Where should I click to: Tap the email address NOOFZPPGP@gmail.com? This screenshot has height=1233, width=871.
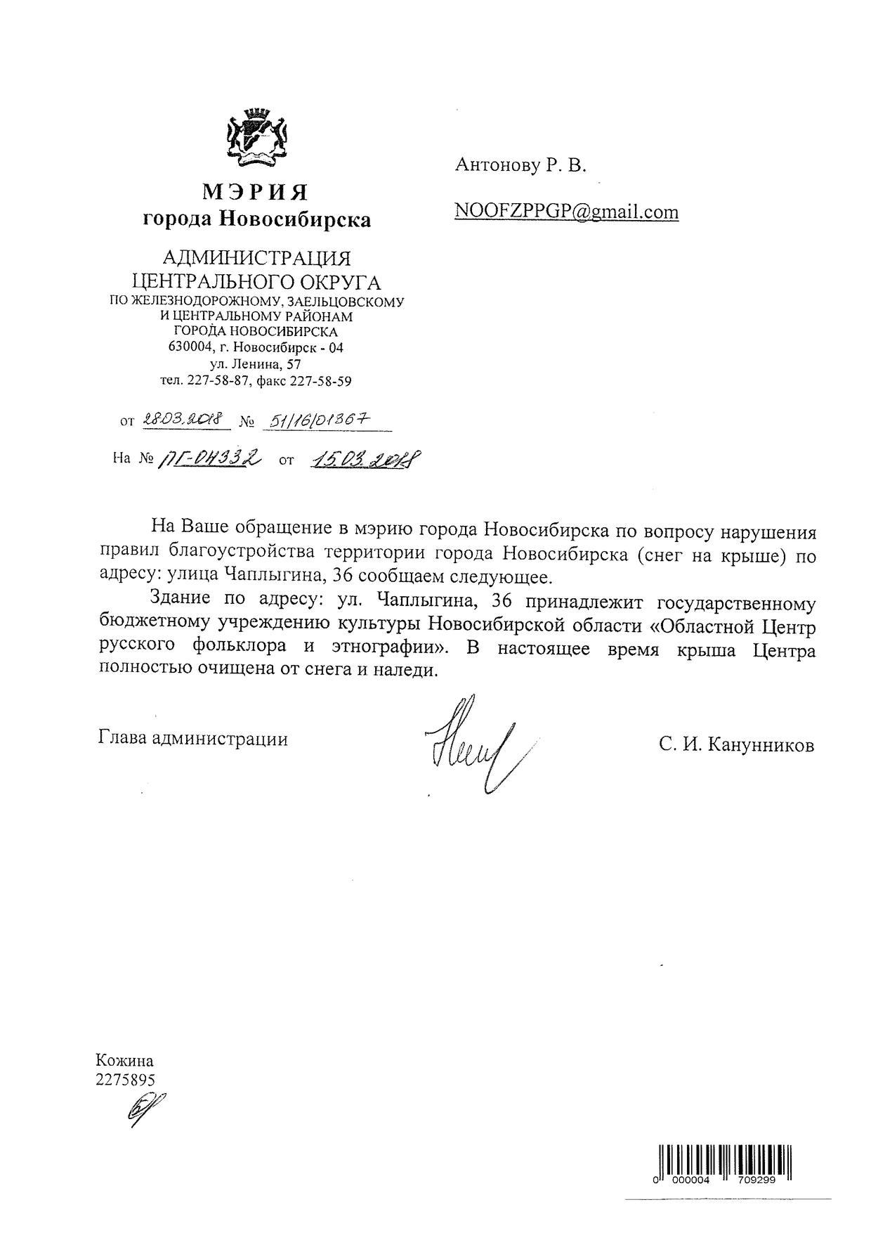coord(566,212)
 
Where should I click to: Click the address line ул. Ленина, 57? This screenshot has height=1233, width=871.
coord(256,364)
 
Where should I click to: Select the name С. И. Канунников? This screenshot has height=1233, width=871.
coord(736,744)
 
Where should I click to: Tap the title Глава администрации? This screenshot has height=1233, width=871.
coord(193,739)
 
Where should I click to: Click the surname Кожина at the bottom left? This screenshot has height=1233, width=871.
coord(124,1061)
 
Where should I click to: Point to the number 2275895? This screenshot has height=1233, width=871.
coord(125,1080)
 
